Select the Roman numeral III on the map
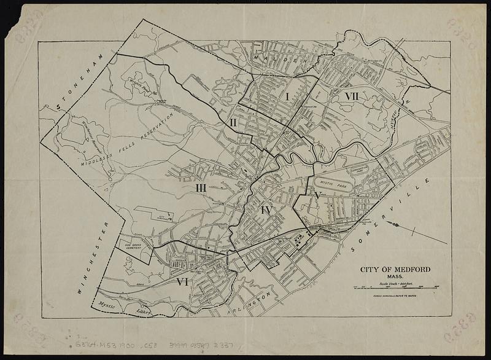click(x=201, y=187)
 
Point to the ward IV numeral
click(x=265, y=211)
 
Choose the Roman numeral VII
click(x=352, y=97)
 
